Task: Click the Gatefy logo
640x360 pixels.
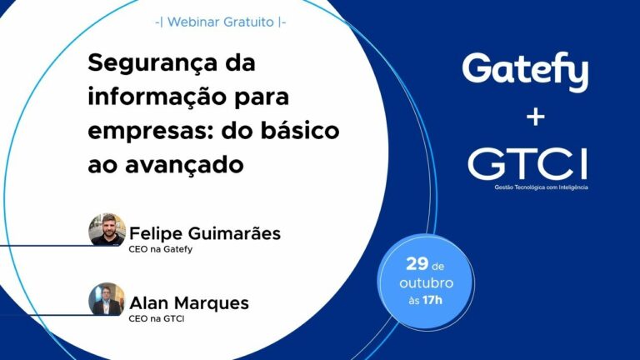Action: click(x=525, y=72)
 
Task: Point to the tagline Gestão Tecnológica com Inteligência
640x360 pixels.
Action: click(x=541, y=187)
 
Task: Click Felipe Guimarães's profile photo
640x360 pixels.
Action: click(x=107, y=229)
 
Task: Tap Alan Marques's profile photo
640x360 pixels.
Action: click(x=107, y=299)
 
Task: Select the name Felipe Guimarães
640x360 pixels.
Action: click(x=204, y=233)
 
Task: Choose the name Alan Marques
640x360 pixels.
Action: click(x=188, y=302)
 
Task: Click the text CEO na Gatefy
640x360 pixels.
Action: click(x=161, y=248)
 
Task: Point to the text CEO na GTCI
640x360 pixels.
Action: click(x=156, y=317)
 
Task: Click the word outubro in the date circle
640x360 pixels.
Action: click(x=426, y=283)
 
